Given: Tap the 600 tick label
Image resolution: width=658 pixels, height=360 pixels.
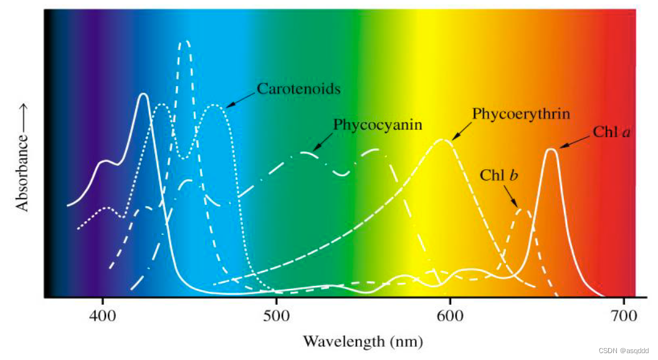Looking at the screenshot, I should tap(449, 314).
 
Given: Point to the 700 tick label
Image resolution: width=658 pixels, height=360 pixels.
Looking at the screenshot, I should tap(622, 314).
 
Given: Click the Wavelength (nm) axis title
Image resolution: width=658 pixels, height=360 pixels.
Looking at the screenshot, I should tap(362, 341).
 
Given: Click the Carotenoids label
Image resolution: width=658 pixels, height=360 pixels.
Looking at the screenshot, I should tap(298, 89).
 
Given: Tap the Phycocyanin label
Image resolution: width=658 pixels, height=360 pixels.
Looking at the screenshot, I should tap(378, 125).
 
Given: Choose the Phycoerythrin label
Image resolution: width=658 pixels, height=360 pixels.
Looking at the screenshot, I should tap(521, 114).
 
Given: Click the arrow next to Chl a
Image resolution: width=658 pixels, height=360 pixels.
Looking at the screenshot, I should tap(574, 141).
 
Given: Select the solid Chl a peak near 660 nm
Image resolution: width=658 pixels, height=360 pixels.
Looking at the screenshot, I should tap(551, 149).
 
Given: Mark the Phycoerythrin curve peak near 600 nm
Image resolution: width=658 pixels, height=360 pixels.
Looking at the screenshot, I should tap(442, 140).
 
